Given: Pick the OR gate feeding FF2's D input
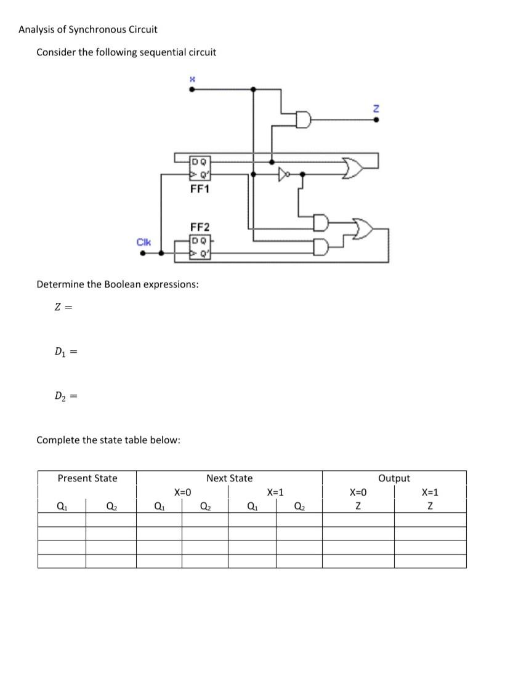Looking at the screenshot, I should (362, 230).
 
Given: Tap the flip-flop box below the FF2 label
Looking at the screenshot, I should (200, 246).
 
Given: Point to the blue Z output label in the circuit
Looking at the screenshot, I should (377, 108).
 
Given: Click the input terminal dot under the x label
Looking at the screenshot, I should (192, 89).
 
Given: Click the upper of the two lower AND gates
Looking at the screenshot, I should (321, 221).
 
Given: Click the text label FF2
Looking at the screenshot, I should (200, 227).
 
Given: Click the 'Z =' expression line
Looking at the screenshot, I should (64, 308).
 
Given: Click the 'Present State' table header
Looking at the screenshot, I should (87, 478).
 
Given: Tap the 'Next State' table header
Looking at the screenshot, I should (229, 478).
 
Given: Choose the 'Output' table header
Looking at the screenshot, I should (394, 478).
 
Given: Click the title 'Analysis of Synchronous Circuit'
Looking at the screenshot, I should (87, 30).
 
